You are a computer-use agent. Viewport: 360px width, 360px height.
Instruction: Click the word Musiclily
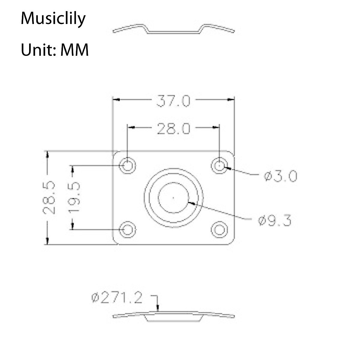(53, 19)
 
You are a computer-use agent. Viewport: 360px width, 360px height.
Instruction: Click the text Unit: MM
(55, 50)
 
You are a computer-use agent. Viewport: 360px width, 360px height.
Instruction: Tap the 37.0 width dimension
(173, 101)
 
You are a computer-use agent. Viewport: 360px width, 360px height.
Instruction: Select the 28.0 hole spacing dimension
(173, 129)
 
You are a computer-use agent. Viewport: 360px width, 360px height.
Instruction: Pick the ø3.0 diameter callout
(280, 176)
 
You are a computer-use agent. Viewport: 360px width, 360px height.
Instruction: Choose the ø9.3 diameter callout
(274, 221)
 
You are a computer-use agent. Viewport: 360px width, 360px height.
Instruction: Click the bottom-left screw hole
(127, 229)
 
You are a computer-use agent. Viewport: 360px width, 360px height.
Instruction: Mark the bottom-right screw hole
(220, 229)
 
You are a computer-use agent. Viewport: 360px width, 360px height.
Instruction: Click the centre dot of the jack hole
(173, 197)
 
